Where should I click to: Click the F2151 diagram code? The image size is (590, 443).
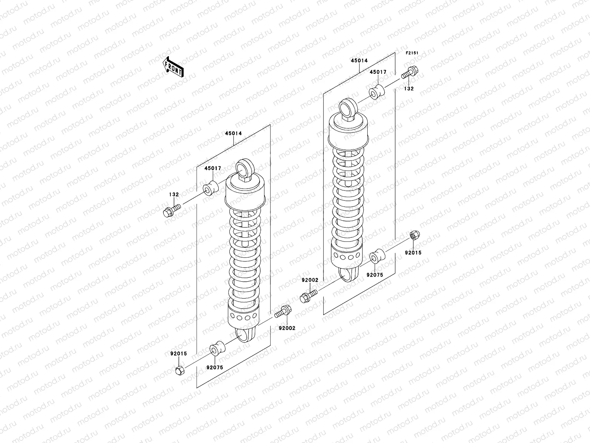tap(412, 53)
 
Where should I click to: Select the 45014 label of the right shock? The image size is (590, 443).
tap(359, 61)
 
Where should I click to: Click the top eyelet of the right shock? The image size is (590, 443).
tap(347, 107)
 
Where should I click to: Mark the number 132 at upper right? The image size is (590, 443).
tap(409, 89)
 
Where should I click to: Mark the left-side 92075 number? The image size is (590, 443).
tap(215, 367)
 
